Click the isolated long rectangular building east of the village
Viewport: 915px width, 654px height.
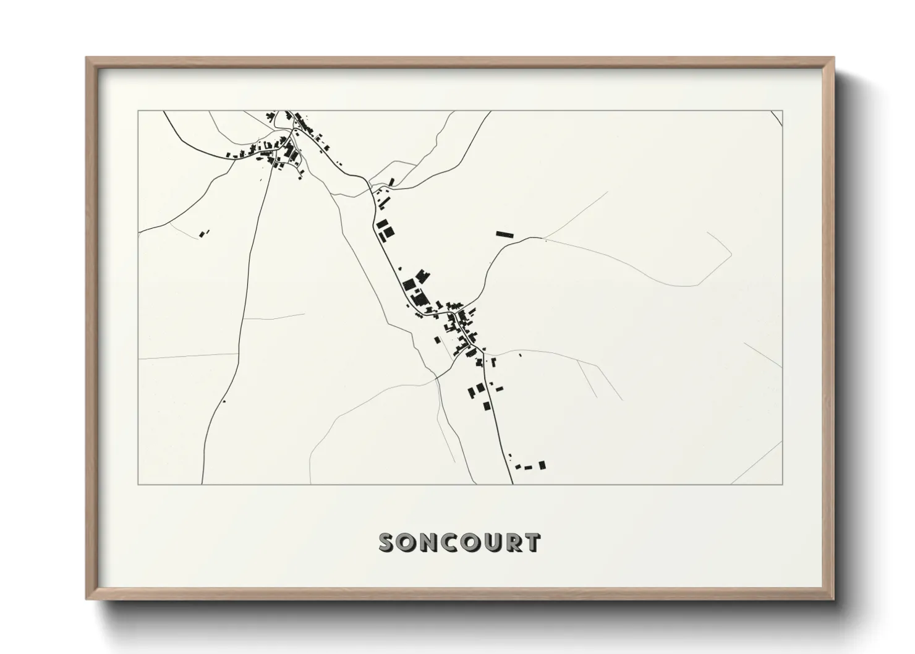504,234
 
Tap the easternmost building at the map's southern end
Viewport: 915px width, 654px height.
542,465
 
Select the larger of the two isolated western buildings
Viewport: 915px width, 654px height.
202,234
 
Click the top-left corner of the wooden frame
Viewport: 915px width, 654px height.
87,59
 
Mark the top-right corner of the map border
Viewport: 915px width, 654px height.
783,111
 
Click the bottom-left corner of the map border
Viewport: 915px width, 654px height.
138,484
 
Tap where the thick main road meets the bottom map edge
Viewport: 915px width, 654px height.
513,483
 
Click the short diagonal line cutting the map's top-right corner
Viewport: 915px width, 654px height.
777,117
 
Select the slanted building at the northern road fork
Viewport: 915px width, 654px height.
391,181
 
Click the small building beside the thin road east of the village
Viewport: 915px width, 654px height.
520,355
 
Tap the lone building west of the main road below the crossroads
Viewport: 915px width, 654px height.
437,339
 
